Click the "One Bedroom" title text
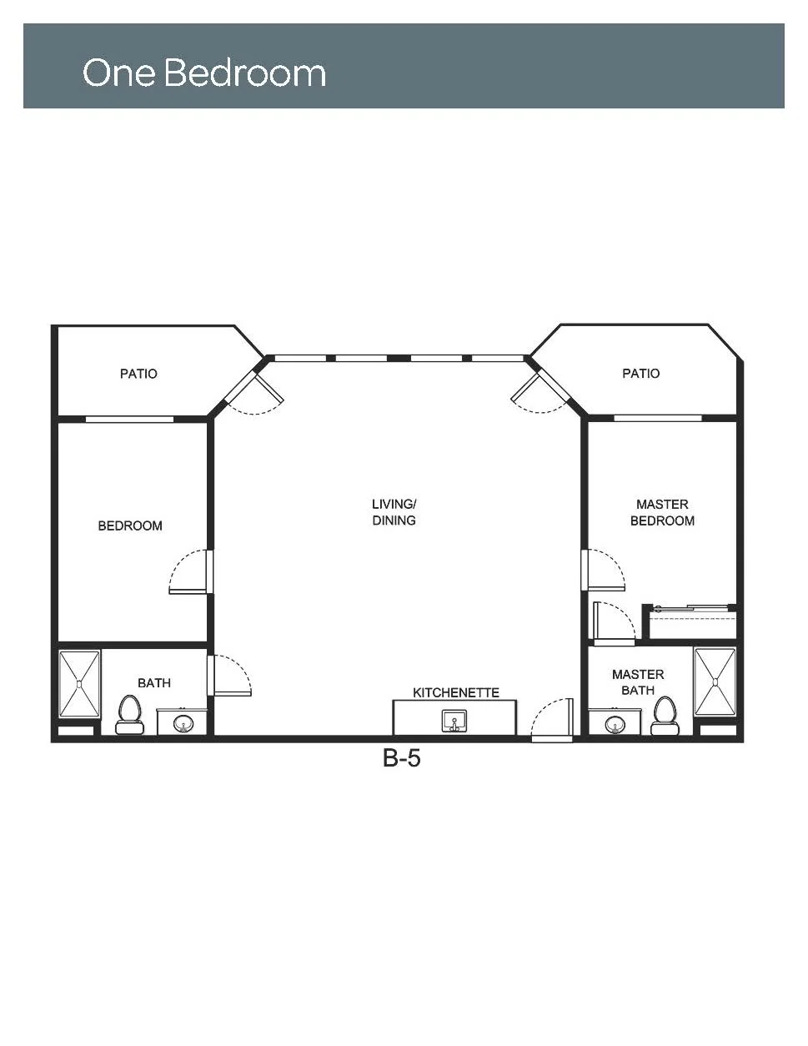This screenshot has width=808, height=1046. pos(204,73)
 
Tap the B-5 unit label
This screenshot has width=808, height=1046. pos(401,757)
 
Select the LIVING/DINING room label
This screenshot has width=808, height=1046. pos(394,512)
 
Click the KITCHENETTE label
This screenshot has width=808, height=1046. pos(456,692)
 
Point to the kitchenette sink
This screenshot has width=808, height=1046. pos(454,721)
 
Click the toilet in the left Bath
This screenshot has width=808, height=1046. pos(129,715)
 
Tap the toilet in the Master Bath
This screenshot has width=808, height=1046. pos(665,716)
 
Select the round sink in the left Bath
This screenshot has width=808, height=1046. pos(183,722)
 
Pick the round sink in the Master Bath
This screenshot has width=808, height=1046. pos(614,723)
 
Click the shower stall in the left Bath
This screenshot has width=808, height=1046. pos(79,683)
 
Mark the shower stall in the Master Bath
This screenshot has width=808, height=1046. pos(715,681)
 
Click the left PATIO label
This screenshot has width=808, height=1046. pos(138,374)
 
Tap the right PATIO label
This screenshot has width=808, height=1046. pos(640,373)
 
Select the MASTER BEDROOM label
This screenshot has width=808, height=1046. pos(662,512)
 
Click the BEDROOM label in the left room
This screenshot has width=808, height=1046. pos(130,526)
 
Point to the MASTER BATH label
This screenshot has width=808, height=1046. pos(638,682)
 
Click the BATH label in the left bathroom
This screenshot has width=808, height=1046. pos(154,682)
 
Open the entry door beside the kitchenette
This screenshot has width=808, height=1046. pos(551,720)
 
